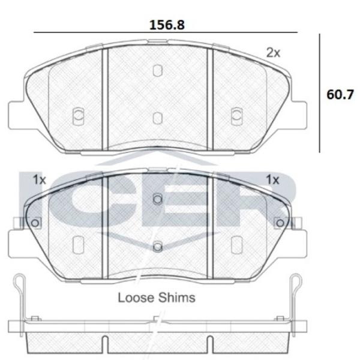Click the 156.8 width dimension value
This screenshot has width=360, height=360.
[x=167, y=25]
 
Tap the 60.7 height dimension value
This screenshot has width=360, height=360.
[x=340, y=94]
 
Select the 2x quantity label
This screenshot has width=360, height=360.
[x=273, y=53]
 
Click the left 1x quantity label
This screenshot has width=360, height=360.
[x=40, y=179]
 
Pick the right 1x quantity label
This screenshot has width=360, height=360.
[x=272, y=179]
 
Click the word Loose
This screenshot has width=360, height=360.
[x=136, y=298]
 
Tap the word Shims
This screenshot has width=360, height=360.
[x=177, y=298]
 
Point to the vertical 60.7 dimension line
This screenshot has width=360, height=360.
[x=319, y=93]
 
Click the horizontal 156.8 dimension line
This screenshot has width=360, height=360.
[x=166, y=32]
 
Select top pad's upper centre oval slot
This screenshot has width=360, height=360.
[x=157, y=70]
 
